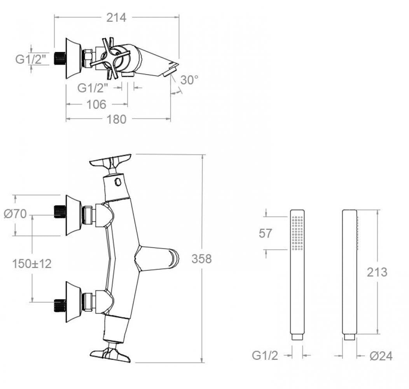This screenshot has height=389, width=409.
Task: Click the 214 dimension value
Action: (117, 17)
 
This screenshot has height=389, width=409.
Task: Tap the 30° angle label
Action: (189, 80)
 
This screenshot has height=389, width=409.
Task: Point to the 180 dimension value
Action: (117, 119)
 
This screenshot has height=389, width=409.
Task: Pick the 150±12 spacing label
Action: (31, 263)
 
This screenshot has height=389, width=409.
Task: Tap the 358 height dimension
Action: (201, 259)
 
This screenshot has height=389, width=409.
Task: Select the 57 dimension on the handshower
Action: (266, 233)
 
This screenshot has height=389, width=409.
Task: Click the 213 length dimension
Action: (377, 272)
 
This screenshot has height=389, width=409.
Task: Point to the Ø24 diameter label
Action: (381, 356)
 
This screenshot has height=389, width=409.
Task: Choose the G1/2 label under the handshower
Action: (265, 356)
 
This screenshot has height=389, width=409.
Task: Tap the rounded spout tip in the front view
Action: (173, 258)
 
